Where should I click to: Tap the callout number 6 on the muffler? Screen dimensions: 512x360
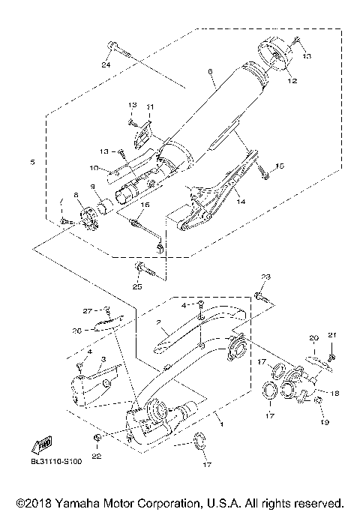[211, 72]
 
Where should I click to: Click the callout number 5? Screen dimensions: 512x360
[32, 161]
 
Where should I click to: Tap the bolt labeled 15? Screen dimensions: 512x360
[263, 174]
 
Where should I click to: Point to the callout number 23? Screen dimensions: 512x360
[265, 277]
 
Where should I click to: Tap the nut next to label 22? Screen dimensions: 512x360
[97, 437]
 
